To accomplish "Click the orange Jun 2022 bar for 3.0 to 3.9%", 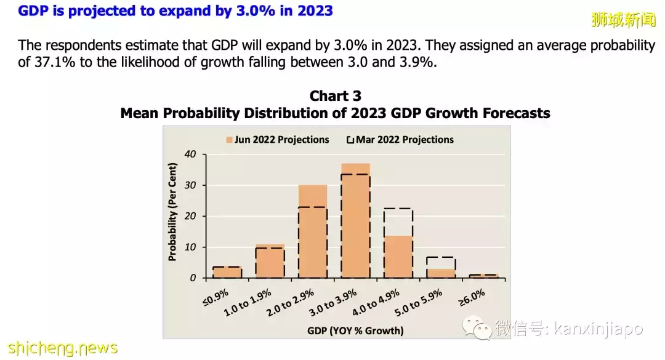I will tap(355, 222).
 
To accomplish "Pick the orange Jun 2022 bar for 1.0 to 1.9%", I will tap(270, 262).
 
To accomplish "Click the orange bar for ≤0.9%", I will tap(227, 273).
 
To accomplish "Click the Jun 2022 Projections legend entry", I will tap(278, 140).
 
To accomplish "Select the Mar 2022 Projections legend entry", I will tap(400, 140).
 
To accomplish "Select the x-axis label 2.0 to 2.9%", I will tap(296, 304).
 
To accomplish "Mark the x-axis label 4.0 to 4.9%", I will tap(382, 304).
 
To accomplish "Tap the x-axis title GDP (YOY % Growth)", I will tap(355, 330).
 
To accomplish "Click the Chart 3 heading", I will tap(335, 96).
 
